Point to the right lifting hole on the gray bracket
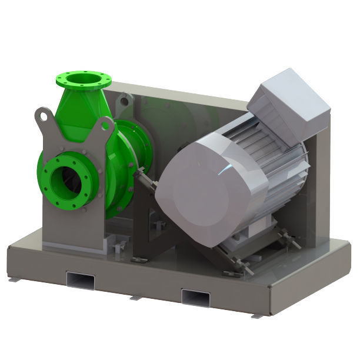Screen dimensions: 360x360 click(106, 126)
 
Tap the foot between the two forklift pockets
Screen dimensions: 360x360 click(135, 296)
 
